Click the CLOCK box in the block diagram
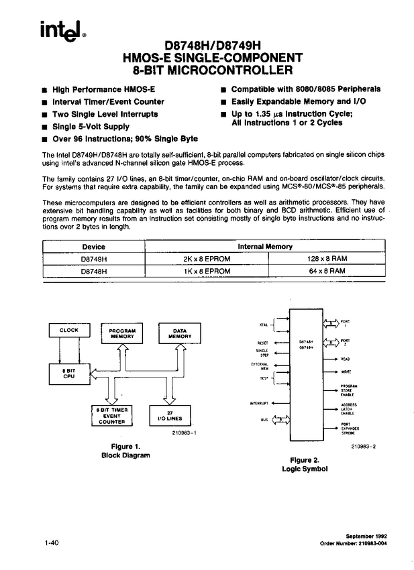[x=69, y=331]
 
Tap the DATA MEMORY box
[x=178, y=334]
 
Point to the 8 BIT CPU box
[x=69, y=373]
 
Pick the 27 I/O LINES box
[x=170, y=416]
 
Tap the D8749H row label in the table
[x=94, y=259]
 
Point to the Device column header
[x=94, y=246]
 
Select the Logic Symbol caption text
[x=305, y=469]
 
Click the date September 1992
[x=367, y=536]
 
